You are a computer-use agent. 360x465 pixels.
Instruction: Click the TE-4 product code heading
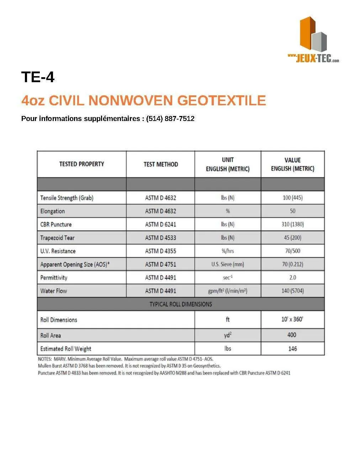38,77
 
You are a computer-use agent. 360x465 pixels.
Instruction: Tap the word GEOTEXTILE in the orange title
221,101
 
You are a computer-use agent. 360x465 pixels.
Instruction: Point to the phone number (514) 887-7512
170,119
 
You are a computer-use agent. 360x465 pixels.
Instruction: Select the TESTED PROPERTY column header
81,164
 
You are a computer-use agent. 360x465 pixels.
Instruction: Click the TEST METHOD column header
160,164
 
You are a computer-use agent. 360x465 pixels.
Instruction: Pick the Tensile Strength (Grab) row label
67,198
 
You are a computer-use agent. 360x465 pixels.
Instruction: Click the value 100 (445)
292,197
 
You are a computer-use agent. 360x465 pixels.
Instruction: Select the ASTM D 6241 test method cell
160,224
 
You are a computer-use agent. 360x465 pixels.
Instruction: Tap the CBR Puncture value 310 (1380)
292,224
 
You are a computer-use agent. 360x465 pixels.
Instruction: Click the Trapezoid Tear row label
57,238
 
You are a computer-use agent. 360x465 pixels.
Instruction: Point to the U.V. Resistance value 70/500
292,251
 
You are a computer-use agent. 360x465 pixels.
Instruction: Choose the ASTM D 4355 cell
160,251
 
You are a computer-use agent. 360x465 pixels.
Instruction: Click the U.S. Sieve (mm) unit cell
228,264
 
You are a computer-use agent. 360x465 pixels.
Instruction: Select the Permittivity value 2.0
292,278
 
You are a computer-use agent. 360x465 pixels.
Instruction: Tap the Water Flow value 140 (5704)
292,291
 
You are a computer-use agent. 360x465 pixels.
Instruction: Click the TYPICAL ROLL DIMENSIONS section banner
180,304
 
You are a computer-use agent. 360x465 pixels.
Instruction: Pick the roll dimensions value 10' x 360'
292,319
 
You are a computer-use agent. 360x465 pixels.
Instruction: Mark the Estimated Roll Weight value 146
292,349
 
